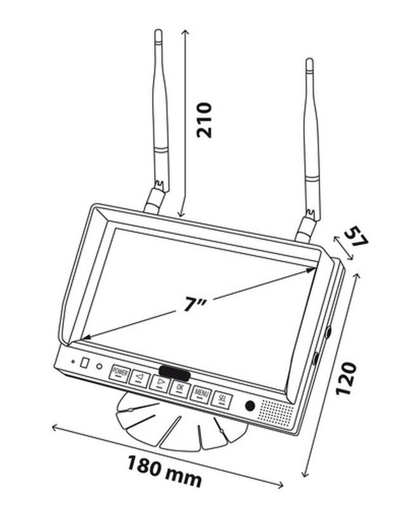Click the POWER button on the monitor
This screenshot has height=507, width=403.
click(120, 373)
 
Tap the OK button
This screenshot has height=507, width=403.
click(180, 389)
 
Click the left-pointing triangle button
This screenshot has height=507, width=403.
click(139, 378)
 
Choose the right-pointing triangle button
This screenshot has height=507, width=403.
click(160, 383)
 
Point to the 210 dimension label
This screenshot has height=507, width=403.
click(205, 120)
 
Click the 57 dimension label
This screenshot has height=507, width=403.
click(356, 236)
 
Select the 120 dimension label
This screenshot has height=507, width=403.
click(346, 378)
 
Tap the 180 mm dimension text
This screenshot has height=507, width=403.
click(165, 472)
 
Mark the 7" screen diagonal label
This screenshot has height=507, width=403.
click(195, 304)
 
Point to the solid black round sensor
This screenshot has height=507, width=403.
click(250, 406)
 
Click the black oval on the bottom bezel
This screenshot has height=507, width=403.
click(174, 373)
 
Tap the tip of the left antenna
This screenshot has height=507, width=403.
click(158, 30)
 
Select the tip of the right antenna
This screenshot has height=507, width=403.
click(309, 59)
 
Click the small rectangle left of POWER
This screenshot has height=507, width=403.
click(84, 363)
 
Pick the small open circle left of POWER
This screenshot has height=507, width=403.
click(99, 367)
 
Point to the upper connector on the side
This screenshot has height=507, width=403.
click(328, 332)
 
